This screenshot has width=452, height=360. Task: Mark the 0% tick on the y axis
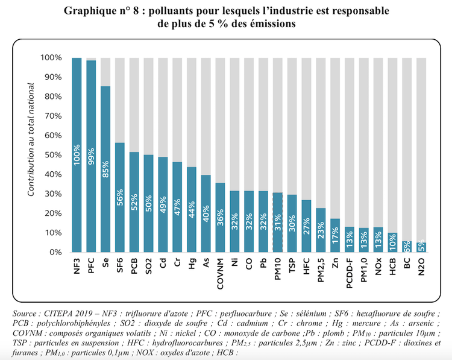click(x=53, y=252)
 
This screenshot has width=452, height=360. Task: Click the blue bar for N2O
click(x=422, y=247)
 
